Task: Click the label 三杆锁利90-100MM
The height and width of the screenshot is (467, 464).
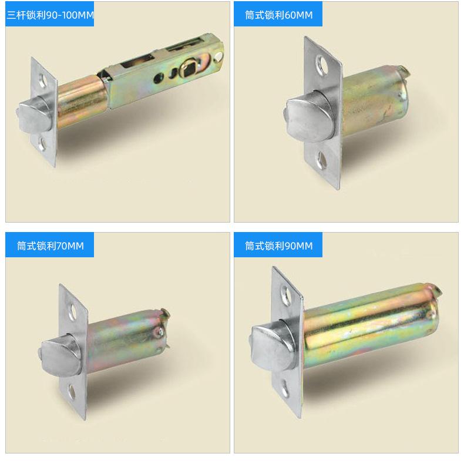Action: click(x=51, y=15)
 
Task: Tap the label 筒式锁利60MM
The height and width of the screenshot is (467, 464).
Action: click(x=279, y=15)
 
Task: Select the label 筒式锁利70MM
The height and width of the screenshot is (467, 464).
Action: click(x=51, y=246)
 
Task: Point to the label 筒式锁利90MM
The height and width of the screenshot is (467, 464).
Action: click(x=279, y=246)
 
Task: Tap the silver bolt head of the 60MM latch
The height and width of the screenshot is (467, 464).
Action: click(x=307, y=117)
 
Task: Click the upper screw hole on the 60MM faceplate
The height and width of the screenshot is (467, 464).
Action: click(x=322, y=64)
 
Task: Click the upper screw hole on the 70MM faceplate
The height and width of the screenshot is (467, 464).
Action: click(x=72, y=311)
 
